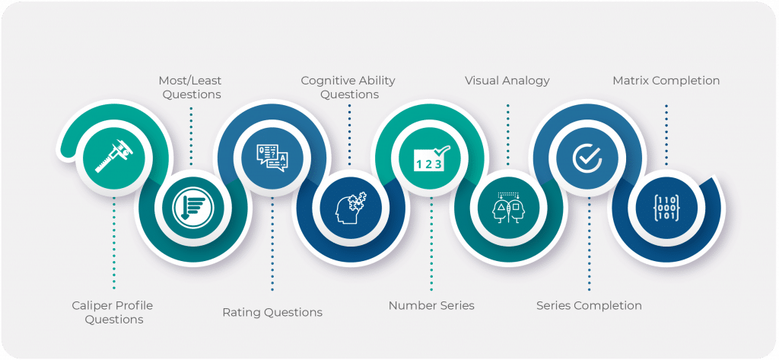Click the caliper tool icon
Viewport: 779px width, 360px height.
coord(114,158)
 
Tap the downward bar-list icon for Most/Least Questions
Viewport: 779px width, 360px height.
coord(192,205)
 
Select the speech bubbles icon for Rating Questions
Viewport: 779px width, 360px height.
coord(272,158)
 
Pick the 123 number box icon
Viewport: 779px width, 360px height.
coord(431,158)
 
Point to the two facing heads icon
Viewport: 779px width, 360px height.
coord(507,205)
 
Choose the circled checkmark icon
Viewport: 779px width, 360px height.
coord(588,158)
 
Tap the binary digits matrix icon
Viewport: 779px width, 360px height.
coord(666,205)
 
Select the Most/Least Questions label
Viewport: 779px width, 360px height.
coord(190,87)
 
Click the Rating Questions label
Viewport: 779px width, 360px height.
coord(272,312)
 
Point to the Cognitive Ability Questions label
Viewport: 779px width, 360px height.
coord(348,87)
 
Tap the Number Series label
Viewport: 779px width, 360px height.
coord(431,305)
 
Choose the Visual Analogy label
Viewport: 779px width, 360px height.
coord(507,80)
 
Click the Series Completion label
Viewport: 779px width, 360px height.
coord(589,305)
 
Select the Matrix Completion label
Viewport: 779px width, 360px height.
coord(666,80)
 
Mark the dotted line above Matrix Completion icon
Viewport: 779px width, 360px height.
coord(666,133)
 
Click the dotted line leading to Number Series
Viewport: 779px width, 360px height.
coord(431,244)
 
